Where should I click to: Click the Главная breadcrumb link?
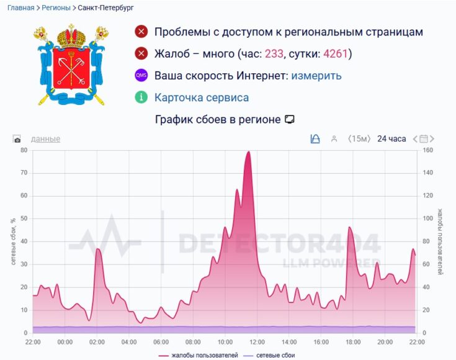[20, 8]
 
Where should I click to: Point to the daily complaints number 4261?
[336, 54]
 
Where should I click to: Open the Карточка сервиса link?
[202, 97]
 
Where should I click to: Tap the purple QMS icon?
[141, 76]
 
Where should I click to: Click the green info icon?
[141, 97]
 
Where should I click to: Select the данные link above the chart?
[45, 139]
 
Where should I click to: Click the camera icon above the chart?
[17, 139]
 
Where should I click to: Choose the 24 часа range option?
[391, 138]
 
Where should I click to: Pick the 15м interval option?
[359, 138]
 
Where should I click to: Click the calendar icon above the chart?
[424, 138]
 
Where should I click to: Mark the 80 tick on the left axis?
[24, 150]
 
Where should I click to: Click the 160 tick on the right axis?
[429, 150]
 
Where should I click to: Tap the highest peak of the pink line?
[248, 152]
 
